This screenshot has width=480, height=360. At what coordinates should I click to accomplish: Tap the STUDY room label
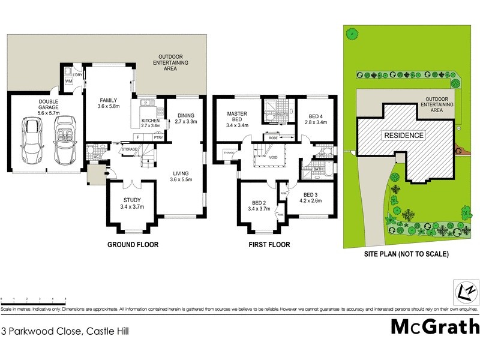point(131,200)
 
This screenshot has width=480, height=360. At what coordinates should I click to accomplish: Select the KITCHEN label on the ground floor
point(150,121)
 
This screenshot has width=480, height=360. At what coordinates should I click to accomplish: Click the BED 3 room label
point(310,194)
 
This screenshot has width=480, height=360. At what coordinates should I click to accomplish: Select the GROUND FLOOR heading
point(133,245)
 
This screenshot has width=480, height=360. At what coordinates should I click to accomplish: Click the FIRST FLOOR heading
point(269,245)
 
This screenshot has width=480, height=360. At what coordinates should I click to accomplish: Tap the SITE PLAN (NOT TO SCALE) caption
point(406,254)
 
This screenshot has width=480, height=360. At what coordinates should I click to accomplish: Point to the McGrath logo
point(436,327)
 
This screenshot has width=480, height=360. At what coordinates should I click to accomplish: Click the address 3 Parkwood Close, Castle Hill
point(65,331)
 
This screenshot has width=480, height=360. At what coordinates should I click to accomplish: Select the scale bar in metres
point(33,299)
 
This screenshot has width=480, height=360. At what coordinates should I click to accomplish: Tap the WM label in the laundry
point(68,80)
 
